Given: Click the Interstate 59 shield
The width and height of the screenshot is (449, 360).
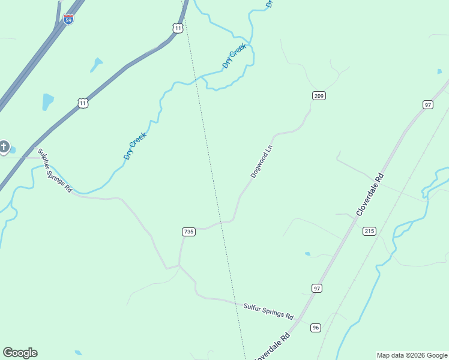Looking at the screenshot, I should coord(68,19).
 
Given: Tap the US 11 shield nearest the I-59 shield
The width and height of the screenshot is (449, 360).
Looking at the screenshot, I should coord(176,28).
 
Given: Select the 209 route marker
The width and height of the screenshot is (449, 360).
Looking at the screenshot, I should coord(319,95).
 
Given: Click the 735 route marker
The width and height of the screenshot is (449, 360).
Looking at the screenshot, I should coord(188,232).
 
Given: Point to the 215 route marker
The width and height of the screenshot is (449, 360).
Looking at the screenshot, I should coord(369,231).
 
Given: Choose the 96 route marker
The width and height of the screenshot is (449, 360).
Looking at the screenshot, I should coord(316,328).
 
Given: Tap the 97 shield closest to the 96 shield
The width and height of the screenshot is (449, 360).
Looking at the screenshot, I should coord(317,289).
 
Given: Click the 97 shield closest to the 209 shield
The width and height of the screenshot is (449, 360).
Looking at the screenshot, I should coord(427,104).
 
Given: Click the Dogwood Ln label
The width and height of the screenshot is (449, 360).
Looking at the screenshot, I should coord(262,161).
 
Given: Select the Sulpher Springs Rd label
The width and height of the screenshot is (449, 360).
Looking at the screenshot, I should coord(55,170).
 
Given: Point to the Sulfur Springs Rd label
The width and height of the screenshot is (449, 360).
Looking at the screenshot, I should coord(268,311).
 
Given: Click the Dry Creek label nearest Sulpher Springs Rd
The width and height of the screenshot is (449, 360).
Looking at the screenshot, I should coord(135,146).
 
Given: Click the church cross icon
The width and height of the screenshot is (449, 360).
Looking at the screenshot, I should coord(4,146).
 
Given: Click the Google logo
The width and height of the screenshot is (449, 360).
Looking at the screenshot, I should coord(20,353).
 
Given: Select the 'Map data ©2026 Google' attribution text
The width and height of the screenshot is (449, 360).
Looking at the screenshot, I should coord(412,355).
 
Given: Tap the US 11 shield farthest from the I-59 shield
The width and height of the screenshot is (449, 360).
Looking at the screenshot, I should coord(83,103).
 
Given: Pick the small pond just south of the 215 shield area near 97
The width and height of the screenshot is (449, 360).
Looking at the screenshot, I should coord(308,254).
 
